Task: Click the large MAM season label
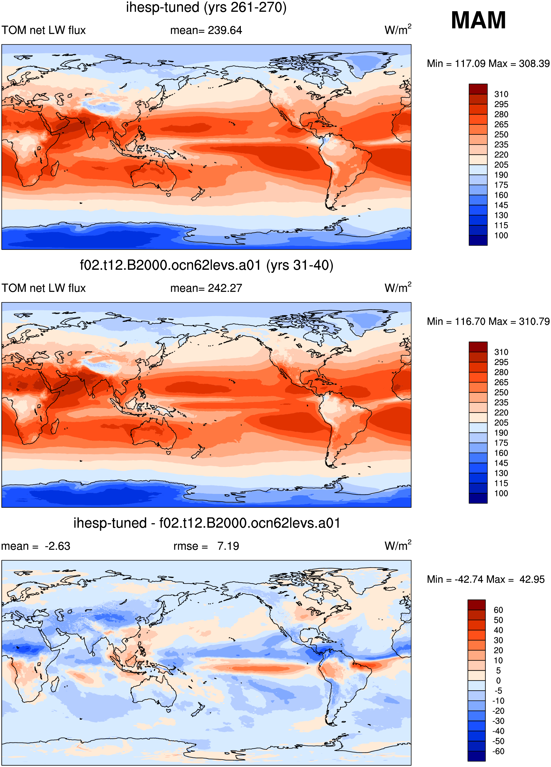coord(478,20)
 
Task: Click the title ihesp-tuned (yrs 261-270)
coord(206,7)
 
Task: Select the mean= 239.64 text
coord(206,30)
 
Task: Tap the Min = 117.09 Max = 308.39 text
coord(488,64)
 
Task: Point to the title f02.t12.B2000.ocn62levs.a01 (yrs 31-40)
coord(206,265)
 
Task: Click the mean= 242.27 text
coord(206,288)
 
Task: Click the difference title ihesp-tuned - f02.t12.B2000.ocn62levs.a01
coord(206,523)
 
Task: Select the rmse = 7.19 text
coord(206,546)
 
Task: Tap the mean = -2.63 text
coord(35,546)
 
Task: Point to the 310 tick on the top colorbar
coord(501,94)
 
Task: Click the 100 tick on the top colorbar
coord(501,236)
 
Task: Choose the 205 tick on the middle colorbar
coord(501,423)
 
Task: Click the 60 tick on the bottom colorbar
coord(498,610)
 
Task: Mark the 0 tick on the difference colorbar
coord(498,681)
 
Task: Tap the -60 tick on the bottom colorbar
coord(498,751)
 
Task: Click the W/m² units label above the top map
coord(398,30)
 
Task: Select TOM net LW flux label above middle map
coord(44,288)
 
